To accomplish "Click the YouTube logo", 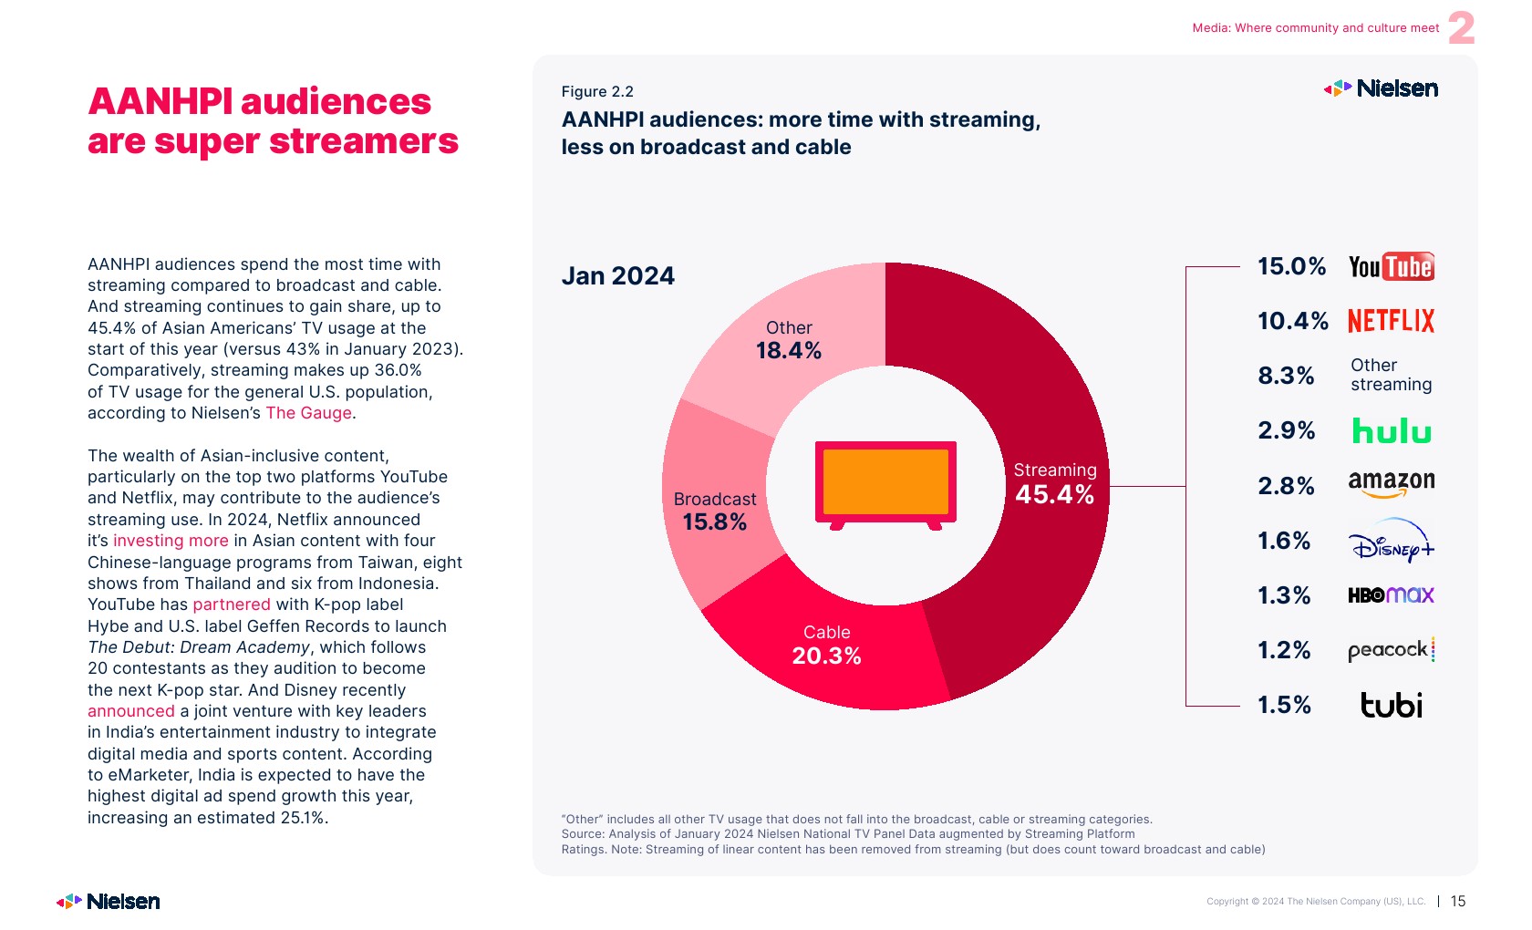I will (1391, 266).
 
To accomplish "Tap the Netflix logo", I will (1391, 321).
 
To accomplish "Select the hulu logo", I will (1391, 430).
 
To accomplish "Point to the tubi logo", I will (1391, 705).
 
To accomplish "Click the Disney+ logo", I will (1391, 541).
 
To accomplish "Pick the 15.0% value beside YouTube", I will (1291, 266).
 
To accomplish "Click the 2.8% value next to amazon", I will (1286, 486).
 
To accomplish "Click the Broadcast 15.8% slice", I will (715, 511).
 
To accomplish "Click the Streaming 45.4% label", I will (1055, 483).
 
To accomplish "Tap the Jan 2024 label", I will (618, 275).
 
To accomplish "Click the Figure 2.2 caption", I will (597, 91).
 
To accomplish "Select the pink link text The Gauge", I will (308, 413).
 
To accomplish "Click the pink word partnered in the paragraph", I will (232, 604).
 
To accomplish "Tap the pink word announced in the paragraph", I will (131, 711).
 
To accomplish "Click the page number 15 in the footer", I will (1458, 901).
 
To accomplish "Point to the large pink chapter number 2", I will (1461, 28).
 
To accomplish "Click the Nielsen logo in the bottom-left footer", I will (109, 901).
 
